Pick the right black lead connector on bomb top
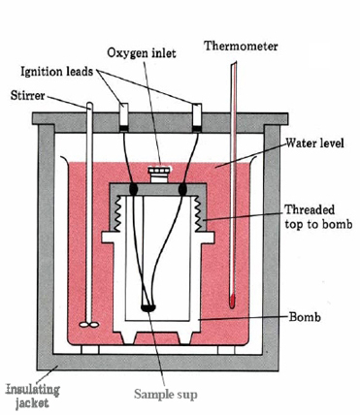[x=183, y=189]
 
